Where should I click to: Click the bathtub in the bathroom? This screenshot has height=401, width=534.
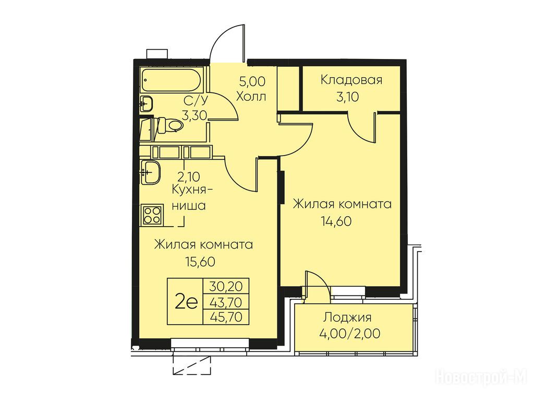click(172, 80)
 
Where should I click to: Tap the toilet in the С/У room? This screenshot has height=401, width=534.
click(171, 125)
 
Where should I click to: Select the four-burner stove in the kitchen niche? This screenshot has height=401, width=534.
click(152, 215)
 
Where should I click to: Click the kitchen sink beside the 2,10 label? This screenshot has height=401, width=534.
click(150, 172)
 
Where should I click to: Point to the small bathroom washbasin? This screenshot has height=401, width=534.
click(146, 103)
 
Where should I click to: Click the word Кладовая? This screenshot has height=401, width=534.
click(351, 80)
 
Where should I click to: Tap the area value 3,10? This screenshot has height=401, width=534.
click(347, 97)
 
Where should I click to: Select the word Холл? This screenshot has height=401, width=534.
click(251, 97)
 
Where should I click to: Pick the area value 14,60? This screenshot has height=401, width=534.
click(336, 221)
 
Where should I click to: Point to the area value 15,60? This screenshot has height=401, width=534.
click(200, 262)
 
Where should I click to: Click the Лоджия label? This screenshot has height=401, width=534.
click(347, 318)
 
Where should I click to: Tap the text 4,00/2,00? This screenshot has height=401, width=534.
click(350, 333)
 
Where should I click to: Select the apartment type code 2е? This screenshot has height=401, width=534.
click(186, 302)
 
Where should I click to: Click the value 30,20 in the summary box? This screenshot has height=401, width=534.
click(226, 286)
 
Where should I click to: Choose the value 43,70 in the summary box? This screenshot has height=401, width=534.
click(226, 302)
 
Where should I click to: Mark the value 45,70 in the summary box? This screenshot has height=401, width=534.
click(226, 317)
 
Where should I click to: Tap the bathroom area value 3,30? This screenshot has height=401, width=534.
click(195, 116)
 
